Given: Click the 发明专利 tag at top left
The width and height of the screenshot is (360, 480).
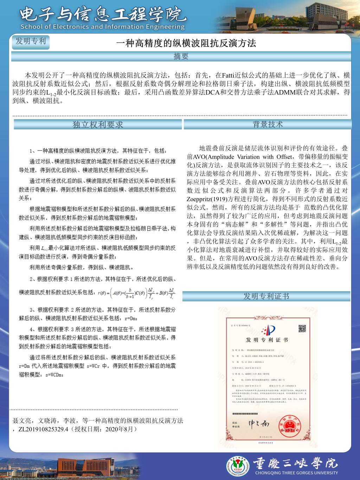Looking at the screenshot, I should tap(31, 41).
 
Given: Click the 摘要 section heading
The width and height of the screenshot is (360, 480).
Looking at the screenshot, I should tap(181, 56).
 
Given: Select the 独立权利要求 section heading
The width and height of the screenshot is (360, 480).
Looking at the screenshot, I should tap(98, 124).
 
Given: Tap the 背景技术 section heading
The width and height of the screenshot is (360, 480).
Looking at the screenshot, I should tap(268, 124).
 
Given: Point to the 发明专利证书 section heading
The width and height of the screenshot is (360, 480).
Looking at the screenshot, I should tap(266, 296).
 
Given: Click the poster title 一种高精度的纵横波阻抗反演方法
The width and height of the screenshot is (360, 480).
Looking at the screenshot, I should tap(186, 43).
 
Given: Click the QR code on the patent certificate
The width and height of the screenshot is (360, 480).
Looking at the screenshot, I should tap(302, 329).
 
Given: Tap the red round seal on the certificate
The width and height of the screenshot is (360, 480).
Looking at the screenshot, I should tap(289, 424).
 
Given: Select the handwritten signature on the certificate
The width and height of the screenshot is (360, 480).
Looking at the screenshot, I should tap(258, 423).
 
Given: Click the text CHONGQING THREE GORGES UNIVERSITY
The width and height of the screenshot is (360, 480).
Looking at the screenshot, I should tap(296, 473).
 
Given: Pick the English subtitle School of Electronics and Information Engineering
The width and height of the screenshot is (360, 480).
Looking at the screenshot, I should tap(102, 27).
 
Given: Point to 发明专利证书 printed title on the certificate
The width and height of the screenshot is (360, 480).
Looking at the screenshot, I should tap(267, 340).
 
